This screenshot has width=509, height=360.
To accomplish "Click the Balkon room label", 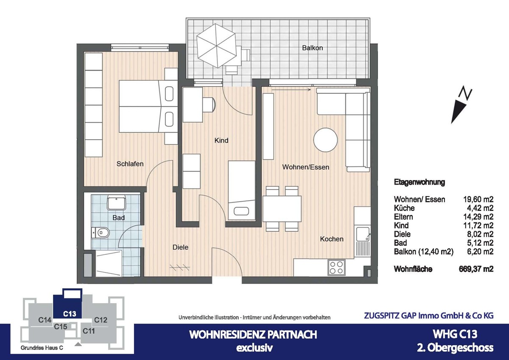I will point(312,48).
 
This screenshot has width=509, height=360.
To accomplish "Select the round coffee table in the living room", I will point(326,140).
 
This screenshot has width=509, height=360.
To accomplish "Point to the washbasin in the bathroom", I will point(116,203).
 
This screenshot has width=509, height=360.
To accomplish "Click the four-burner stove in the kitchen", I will point(336,267).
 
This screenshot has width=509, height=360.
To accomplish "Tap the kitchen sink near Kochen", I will point(363,234).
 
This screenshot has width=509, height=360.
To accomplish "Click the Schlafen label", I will point(130,164).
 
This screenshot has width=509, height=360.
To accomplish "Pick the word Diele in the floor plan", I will point(180,247).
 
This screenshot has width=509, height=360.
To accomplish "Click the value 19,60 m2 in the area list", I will point(478,200).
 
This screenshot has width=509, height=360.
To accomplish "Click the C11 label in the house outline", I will point(89,330).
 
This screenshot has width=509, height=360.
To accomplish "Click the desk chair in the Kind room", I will point(209,104).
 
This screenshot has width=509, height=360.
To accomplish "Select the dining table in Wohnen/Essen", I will point(282,208).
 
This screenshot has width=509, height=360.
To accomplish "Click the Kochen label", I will point(332,239).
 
